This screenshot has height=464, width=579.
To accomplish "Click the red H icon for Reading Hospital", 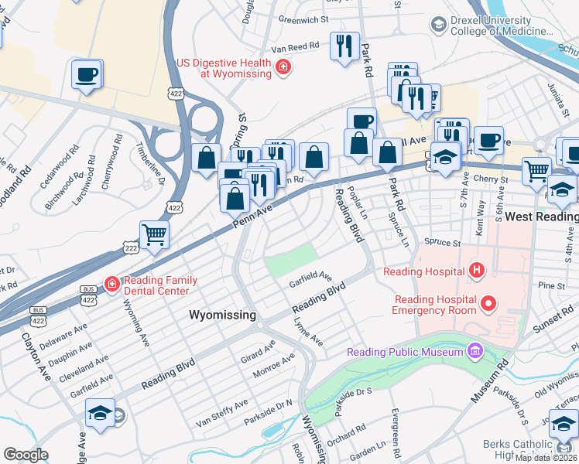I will [477, 271].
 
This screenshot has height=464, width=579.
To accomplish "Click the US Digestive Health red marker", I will [283, 67].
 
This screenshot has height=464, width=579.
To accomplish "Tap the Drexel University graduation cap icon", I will [439, 25].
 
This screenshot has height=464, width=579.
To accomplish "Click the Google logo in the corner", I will [26, 455].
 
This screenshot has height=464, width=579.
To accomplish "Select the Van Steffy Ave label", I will [221, 413].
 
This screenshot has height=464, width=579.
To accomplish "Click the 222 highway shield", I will [130, 244].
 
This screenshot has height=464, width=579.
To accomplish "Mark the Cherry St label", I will [492, 179].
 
